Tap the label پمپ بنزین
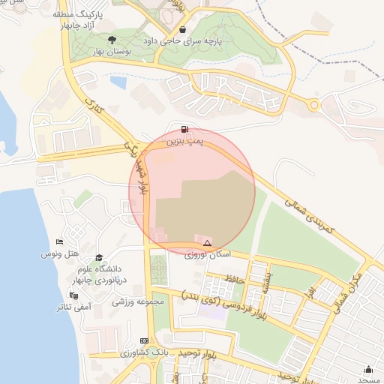(x=184, y=140)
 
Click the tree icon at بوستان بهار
(x=112, y=40)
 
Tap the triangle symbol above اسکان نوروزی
(x=207, y=243)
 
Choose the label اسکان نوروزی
(x=208, y=255)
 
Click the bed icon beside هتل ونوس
(x=59, y=241)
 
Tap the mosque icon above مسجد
(x=368, y=368)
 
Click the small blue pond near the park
(x=118, y=81)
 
